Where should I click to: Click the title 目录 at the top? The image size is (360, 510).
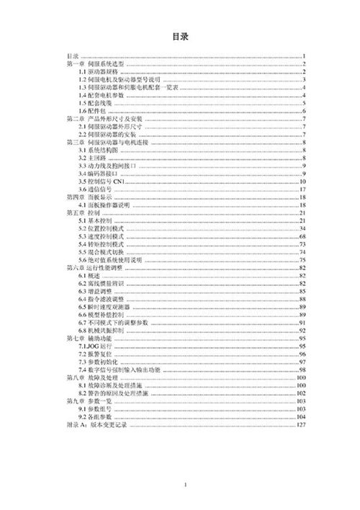pos(179,35)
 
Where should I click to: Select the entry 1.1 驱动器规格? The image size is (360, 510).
pos(98,72)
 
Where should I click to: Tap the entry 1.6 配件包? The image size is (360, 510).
pos(93,111)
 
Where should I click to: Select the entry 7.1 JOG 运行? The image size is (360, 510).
pos(96,346)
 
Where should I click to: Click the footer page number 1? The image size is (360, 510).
pos(185,486)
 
